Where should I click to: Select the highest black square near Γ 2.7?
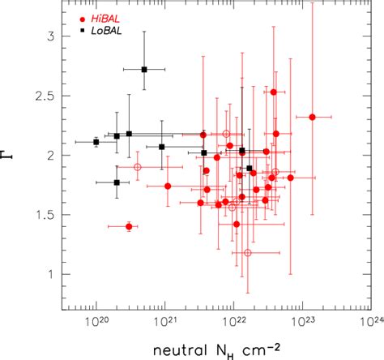(x=144, y=70)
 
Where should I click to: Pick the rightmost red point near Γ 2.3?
(x=312, y=117)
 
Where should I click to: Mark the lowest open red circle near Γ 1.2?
(x=247, y=252)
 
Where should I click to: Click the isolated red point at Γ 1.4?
(x=129, y=226)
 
